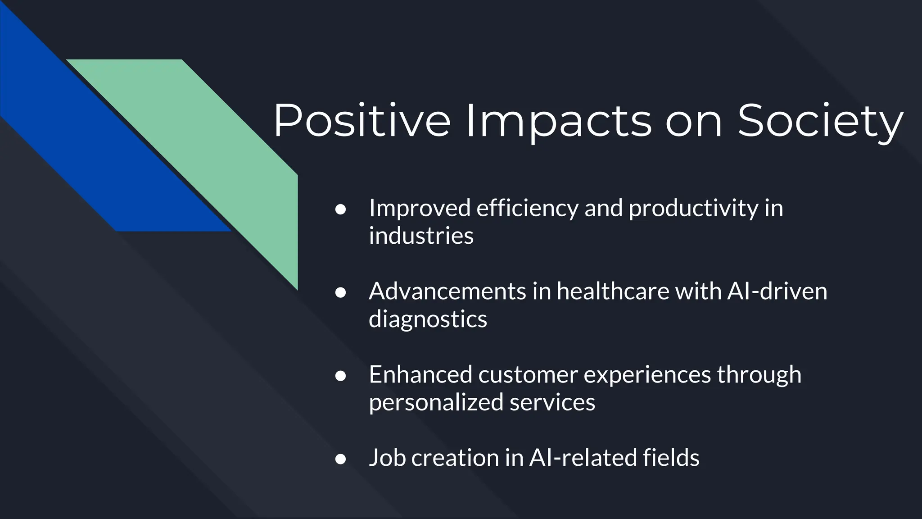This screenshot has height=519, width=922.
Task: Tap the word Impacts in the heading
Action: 558,121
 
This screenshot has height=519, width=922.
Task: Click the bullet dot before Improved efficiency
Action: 340,210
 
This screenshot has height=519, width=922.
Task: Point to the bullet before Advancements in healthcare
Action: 340,293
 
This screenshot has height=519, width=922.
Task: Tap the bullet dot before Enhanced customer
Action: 340,376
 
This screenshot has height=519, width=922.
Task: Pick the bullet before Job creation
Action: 340,459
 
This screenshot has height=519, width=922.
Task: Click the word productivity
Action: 693,208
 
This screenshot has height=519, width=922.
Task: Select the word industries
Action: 421,236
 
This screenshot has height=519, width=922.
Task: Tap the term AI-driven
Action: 777,291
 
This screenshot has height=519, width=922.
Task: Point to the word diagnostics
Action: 428,319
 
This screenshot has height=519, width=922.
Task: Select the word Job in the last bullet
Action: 387,457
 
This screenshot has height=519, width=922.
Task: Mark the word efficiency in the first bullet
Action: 527,208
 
